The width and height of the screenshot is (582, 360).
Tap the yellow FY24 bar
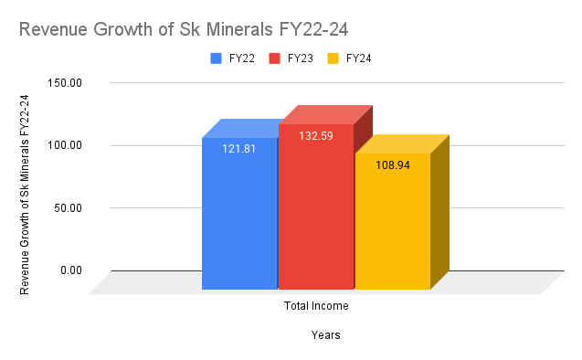click(392, 224)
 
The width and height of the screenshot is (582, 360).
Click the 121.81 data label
click(239, 148)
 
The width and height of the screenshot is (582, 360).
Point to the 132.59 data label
click(316, 136)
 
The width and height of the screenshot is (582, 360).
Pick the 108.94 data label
click(392, 164)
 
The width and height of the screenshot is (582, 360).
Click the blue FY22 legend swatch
click(217, 58)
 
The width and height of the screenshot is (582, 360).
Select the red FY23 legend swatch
click(274, 58)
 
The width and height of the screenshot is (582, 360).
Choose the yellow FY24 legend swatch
click(333, 58)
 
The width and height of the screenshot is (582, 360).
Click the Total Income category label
click(316, 306)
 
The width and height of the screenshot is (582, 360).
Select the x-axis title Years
click(325, 335)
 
